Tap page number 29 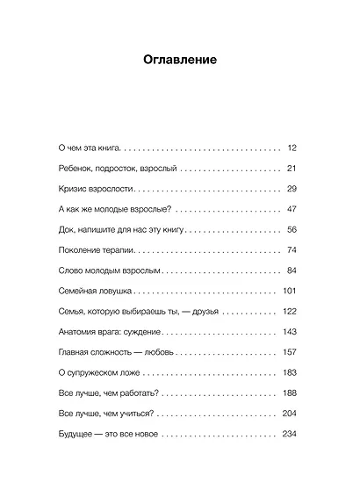tap(293, 188)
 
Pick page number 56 tap(293, 229)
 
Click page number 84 tap(293, 270)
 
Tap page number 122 tap(292, 312)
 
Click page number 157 tap(292, 352)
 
